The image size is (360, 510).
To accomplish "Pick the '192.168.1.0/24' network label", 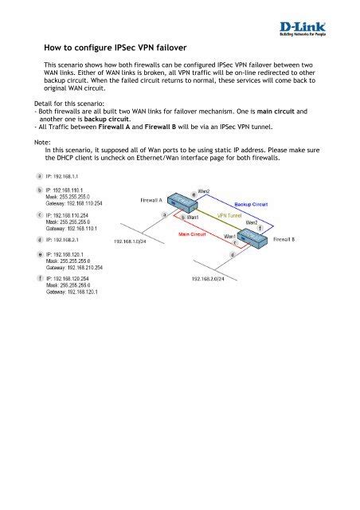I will click(x=135, y=240).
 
